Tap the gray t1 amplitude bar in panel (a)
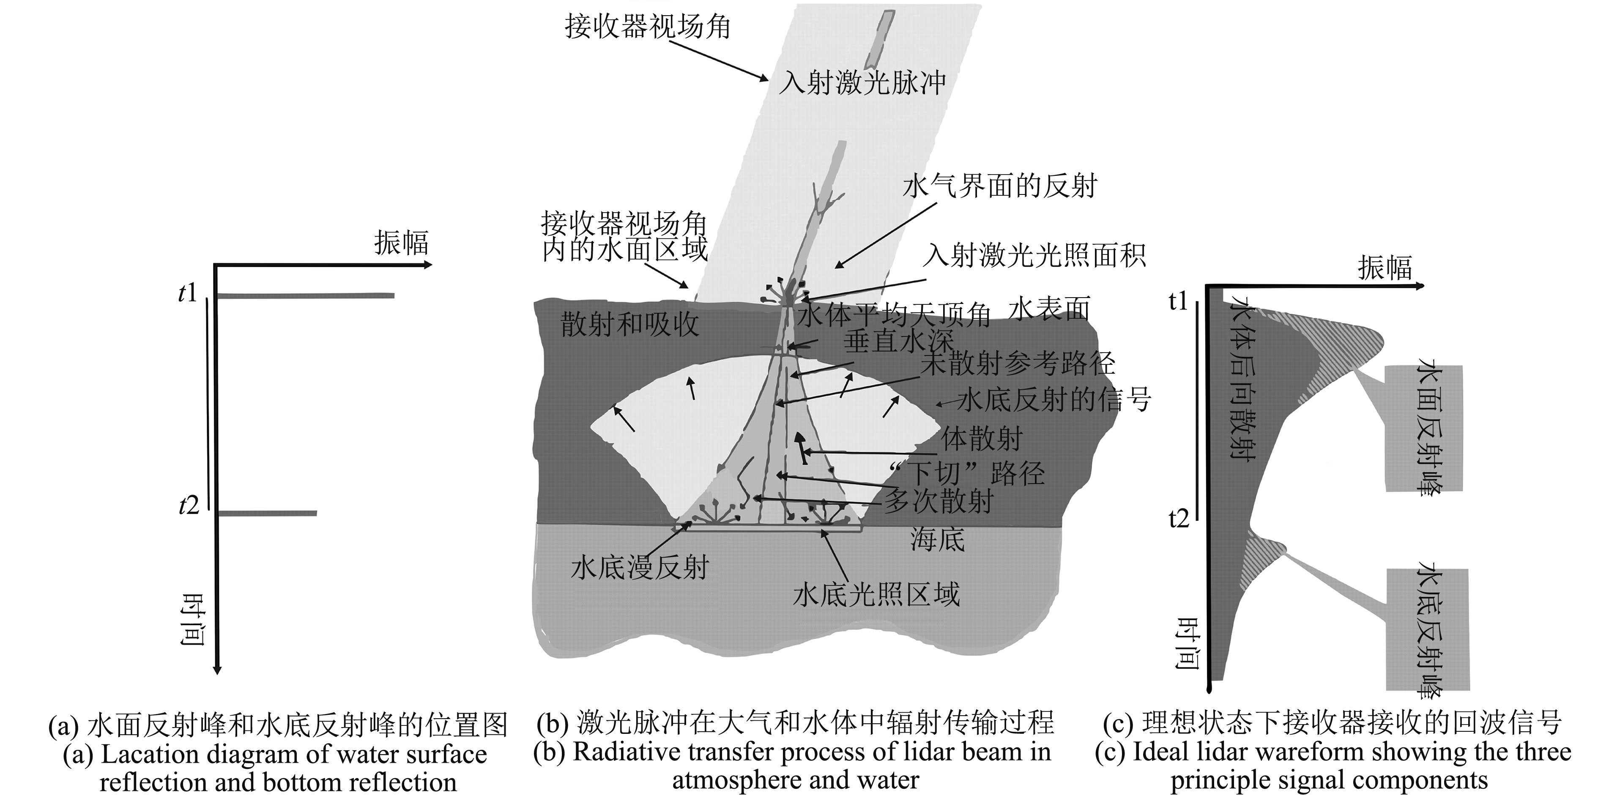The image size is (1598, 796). pos(305,296)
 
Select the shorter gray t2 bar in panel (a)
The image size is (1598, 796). pos(268,513)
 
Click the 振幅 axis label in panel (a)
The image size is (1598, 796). pos(401,243)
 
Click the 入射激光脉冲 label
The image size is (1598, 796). pos(862,82)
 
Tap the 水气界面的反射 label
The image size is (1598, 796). pos(999,186)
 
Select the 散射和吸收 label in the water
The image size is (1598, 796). pos(629,324)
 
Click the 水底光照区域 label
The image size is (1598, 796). pos(876,594)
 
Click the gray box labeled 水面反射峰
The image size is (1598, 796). pos(1424,428)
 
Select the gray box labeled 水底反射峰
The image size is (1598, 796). pos(1427,629)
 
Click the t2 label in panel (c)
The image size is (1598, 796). pos(1178,517)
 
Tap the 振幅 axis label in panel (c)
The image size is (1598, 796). pos(1385,268)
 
